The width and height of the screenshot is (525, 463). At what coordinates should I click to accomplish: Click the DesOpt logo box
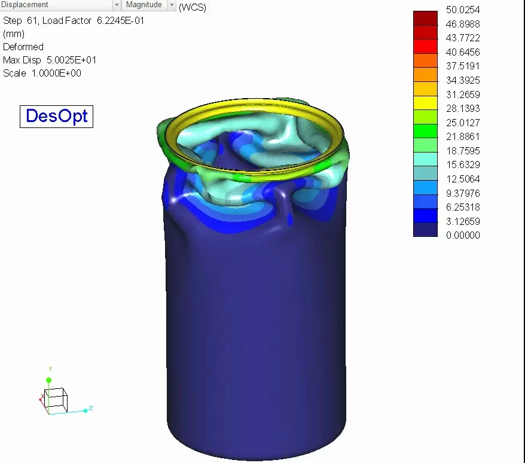click(x=57, y=116)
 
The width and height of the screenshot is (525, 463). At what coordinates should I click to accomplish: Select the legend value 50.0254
click(x=463, y=10)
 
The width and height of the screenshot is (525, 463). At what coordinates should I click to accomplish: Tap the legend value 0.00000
click(x=463, y=235)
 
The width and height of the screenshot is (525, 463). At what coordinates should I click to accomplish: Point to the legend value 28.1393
click(x=463, y=108)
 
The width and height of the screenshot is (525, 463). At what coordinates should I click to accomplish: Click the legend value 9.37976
click(x=463, y=193)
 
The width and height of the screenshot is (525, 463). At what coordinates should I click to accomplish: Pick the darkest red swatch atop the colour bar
click(x=425, y=18)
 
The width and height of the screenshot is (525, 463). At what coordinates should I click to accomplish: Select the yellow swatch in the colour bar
click(x=425, y=103)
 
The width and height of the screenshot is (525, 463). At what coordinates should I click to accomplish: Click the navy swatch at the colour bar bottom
click(x=425, y=230)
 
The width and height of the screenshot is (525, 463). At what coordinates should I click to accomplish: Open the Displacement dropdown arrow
click(x=117, y=5)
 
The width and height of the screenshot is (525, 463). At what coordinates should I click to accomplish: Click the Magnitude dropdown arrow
click(x=172, y=5)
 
